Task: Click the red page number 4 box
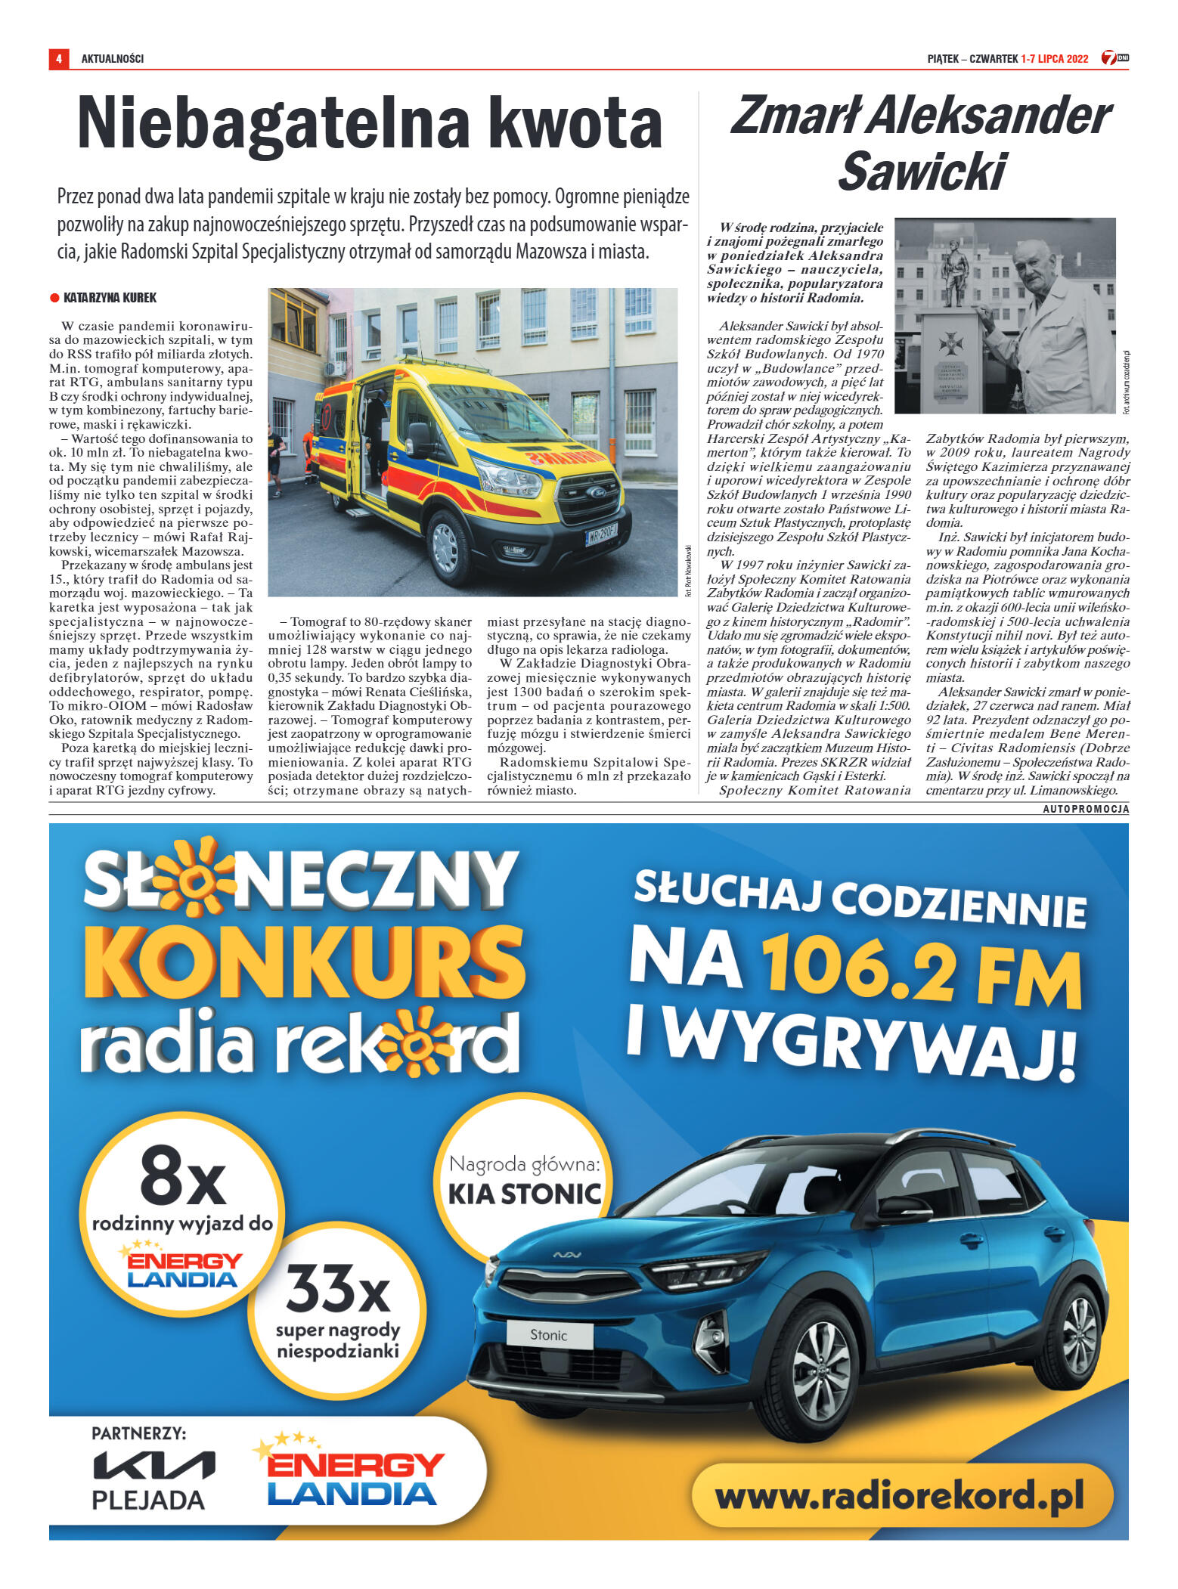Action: (x=58, y=58)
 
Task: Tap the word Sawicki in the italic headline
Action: (x=922, y=172)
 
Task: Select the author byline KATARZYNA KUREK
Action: (x=110, y=298)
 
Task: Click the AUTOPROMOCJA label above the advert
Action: (x=1086, y=809)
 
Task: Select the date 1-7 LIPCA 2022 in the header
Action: (x=1054, y=59)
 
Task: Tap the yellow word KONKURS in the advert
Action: (x=303, y=961)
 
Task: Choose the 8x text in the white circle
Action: (x=183, y=1176)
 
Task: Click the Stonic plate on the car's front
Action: (x=548, y=1335)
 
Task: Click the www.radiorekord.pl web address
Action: (x=900, y=1497)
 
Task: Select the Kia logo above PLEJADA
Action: (x=153, y=1465)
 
